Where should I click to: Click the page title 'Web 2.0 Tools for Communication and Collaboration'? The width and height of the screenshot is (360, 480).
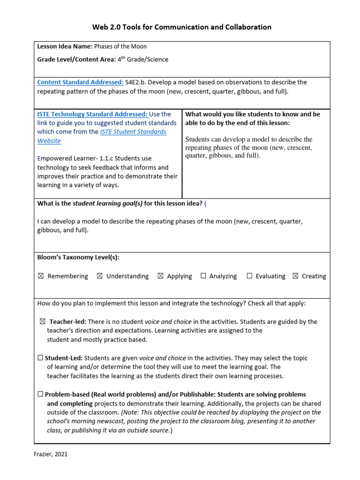point(181,27)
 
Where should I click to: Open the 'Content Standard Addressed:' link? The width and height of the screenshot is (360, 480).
point(80,82)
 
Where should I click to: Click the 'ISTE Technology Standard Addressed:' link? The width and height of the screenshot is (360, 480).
point(92,114)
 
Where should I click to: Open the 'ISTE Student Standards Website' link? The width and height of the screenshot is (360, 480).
point(133,132)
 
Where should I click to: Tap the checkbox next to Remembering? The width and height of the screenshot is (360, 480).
point(41,276)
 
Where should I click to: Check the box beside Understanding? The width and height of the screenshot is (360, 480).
point(99,276)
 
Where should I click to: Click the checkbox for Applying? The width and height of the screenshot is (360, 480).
point(160,276)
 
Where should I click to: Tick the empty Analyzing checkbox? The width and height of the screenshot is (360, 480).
point(203,276)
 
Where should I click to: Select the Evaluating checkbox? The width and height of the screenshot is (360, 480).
point(249,276)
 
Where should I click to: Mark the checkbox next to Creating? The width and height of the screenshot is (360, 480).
point(295,276)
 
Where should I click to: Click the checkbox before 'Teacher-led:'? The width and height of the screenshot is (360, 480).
point(43,322)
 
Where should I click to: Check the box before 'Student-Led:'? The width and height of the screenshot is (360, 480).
point(40,358)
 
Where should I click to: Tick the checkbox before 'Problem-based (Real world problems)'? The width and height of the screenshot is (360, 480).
point(40,395)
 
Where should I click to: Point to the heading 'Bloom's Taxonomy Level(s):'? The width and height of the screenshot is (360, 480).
point(78,257)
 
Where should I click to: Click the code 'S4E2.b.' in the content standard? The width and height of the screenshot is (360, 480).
point(136,82)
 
